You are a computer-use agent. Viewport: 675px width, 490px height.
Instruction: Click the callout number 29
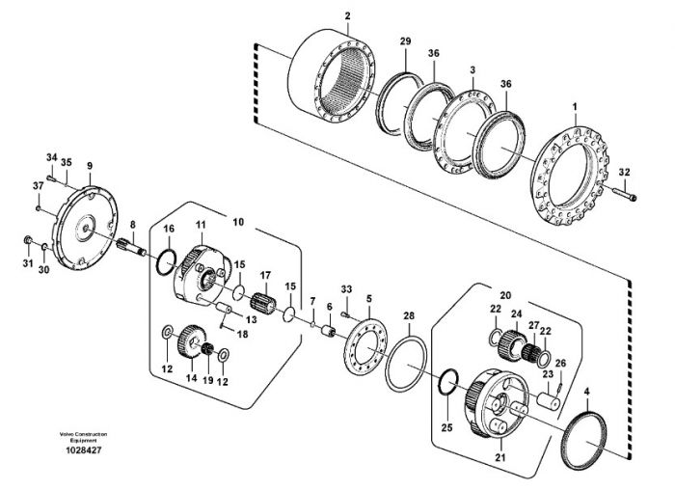(405, 41)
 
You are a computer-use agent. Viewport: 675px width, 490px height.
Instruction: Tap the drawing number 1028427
(84, 450)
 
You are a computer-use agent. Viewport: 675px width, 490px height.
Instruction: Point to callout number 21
(499, 458)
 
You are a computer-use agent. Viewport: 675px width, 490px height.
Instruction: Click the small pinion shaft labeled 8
(131, 247)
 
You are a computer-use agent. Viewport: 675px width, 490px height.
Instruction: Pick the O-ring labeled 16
(166, 262)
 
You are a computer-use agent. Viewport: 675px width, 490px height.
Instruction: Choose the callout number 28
(409, 315)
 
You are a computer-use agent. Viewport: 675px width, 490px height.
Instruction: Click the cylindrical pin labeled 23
(548, 400)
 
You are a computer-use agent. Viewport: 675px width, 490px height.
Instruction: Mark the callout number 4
(586, 393)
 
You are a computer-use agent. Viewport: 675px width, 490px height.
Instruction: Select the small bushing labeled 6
(330, 332)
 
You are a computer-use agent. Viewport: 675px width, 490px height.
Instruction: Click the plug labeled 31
(27, 239)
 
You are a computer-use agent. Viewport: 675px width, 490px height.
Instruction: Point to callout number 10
(238, 222)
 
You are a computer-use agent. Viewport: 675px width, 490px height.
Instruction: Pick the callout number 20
(505, 295)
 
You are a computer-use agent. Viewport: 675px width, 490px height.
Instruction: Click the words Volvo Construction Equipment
(84, 437)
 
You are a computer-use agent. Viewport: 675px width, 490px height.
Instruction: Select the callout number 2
(347, 16)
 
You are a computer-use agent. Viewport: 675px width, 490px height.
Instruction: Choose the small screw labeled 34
(52, 178)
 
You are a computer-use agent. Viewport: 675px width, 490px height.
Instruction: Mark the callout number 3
(472, 69)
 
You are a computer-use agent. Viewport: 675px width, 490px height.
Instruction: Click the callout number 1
(575, 106)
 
